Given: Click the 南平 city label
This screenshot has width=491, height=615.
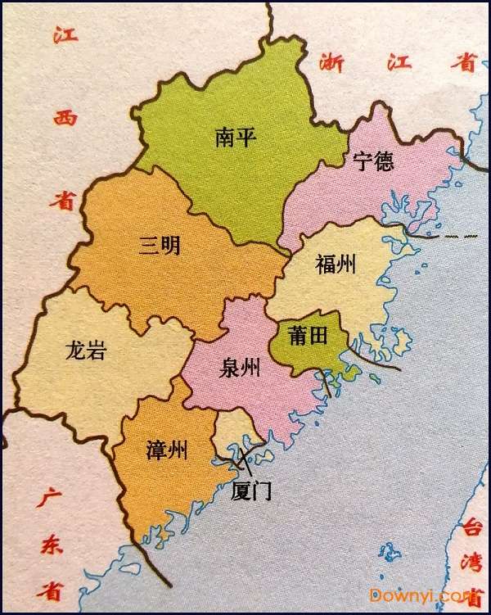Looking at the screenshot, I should [236, 137].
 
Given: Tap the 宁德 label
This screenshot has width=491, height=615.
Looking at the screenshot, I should [373, 161].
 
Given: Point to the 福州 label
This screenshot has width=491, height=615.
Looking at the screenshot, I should [335, 264].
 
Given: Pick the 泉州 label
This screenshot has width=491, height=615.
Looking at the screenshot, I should [240, 369].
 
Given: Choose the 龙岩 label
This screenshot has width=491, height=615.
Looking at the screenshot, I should [84, 352].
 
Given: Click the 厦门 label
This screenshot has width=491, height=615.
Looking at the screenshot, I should [251, 491].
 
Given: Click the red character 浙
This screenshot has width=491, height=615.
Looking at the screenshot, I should [331, 61].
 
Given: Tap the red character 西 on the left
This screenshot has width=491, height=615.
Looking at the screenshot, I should [65, 118].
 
